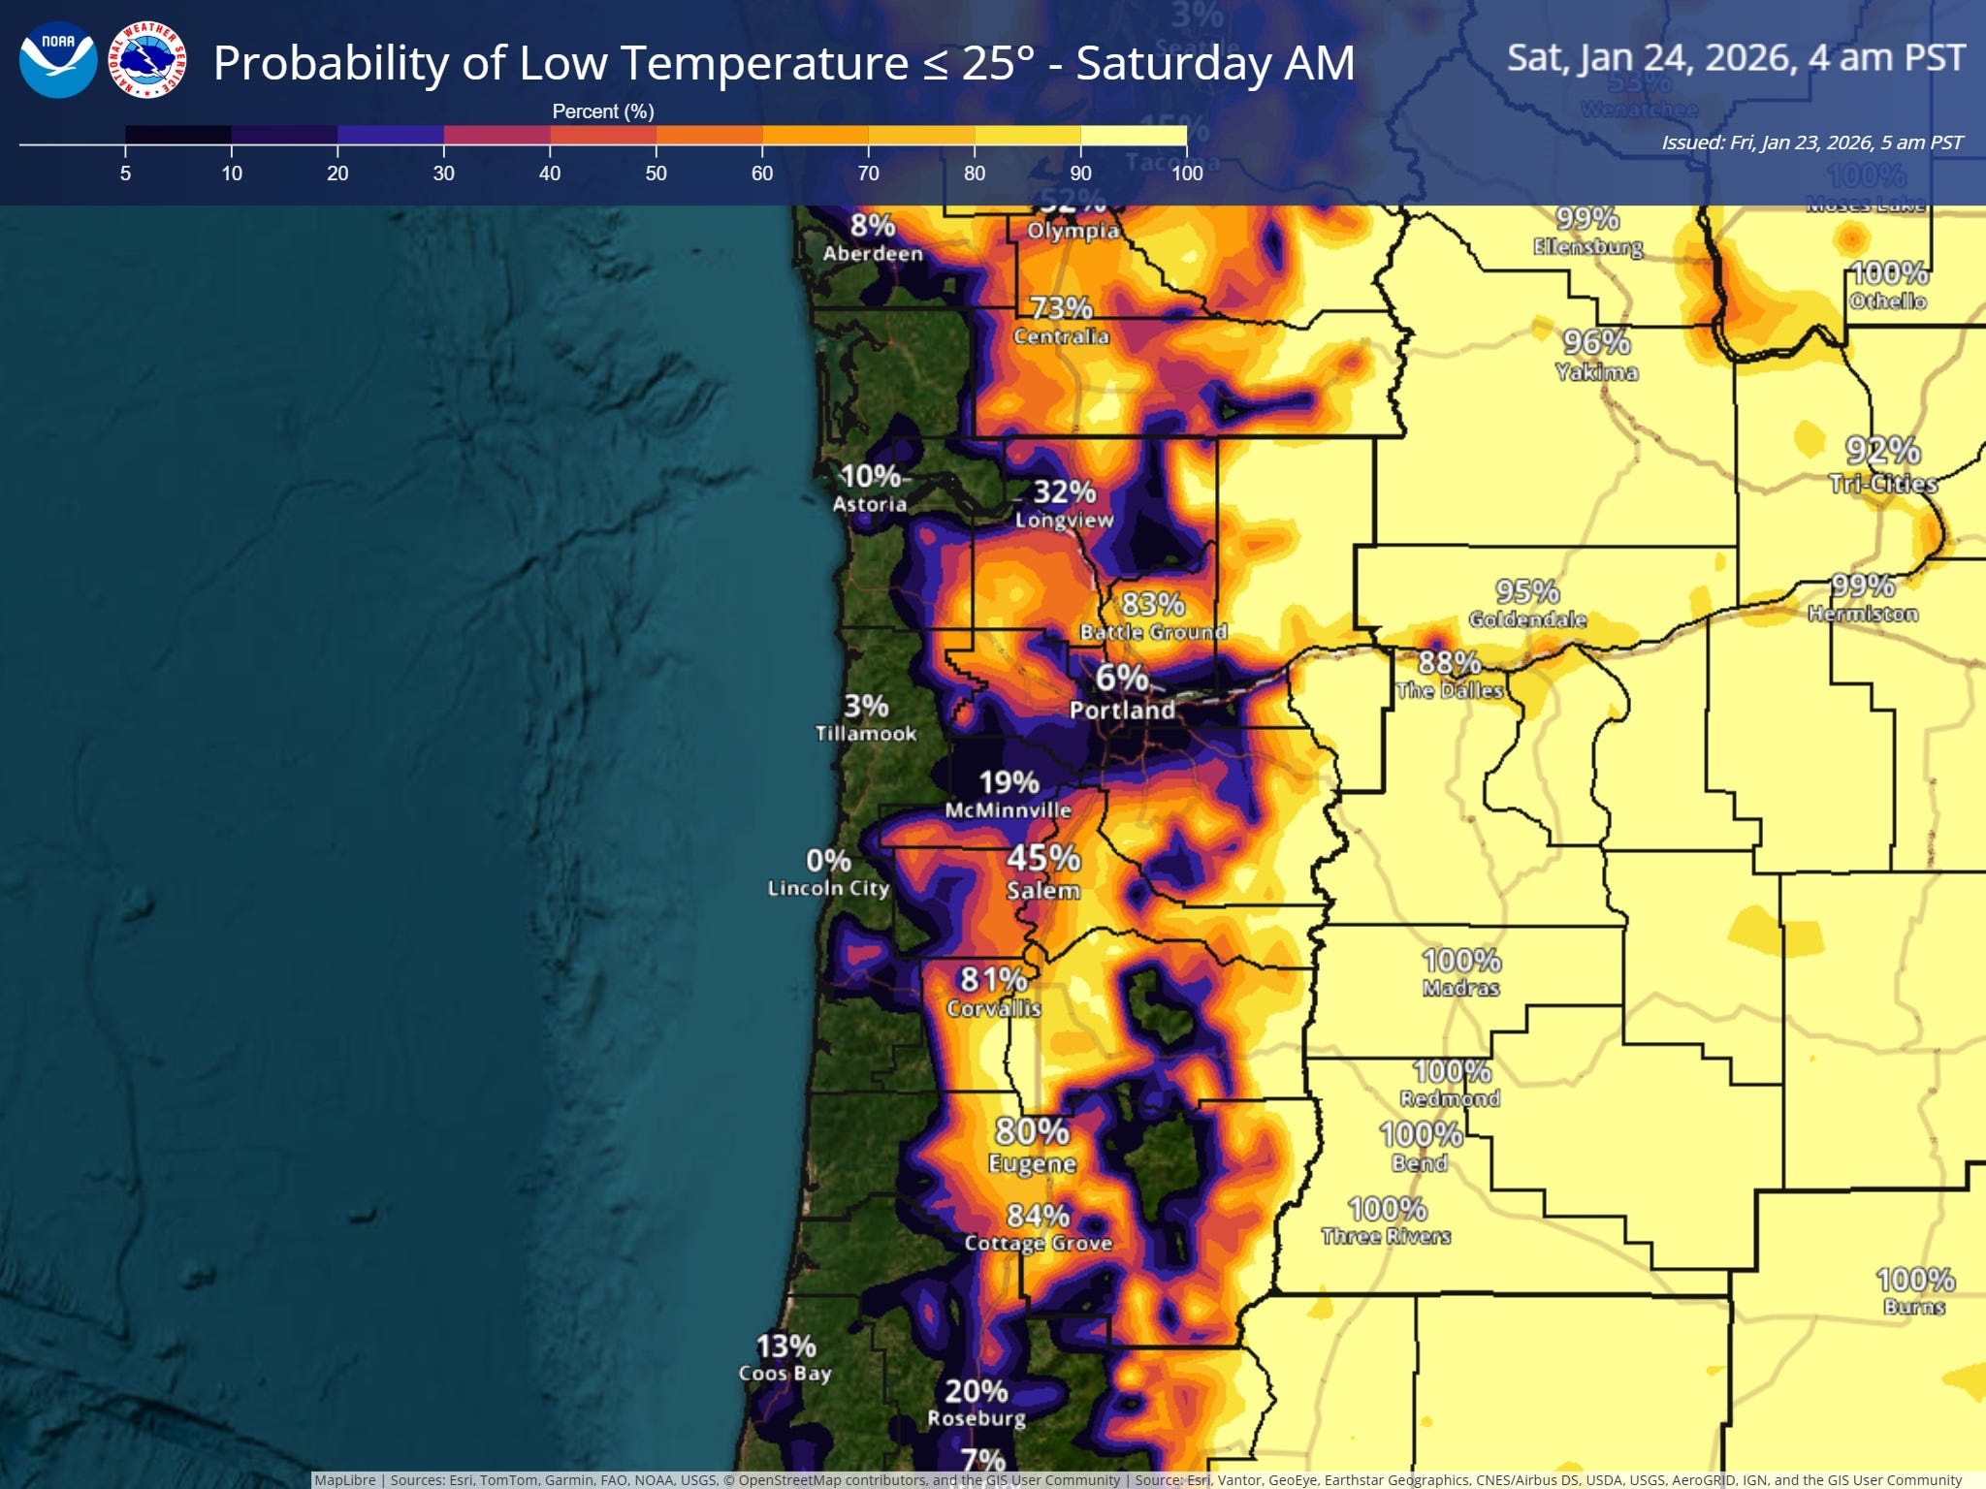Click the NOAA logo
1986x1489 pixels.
58,60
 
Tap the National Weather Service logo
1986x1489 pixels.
147,60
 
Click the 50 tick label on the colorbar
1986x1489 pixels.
656,174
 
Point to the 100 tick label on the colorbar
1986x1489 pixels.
1187,174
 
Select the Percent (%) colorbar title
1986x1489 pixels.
603,111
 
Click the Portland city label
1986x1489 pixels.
1122,711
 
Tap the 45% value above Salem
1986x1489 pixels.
1043,858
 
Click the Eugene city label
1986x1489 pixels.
1032,1163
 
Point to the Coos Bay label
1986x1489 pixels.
785,1373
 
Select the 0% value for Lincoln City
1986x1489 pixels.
828,860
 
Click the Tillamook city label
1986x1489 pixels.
865,734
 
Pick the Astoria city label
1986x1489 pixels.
870,504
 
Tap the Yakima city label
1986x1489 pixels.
1596,372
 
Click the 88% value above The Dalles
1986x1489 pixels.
1449,662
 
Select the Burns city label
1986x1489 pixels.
1914,1307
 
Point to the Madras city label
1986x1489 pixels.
1460,988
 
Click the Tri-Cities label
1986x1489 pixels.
1882,484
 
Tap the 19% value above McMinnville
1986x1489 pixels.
1009,782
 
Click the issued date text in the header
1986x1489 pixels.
1811,143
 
